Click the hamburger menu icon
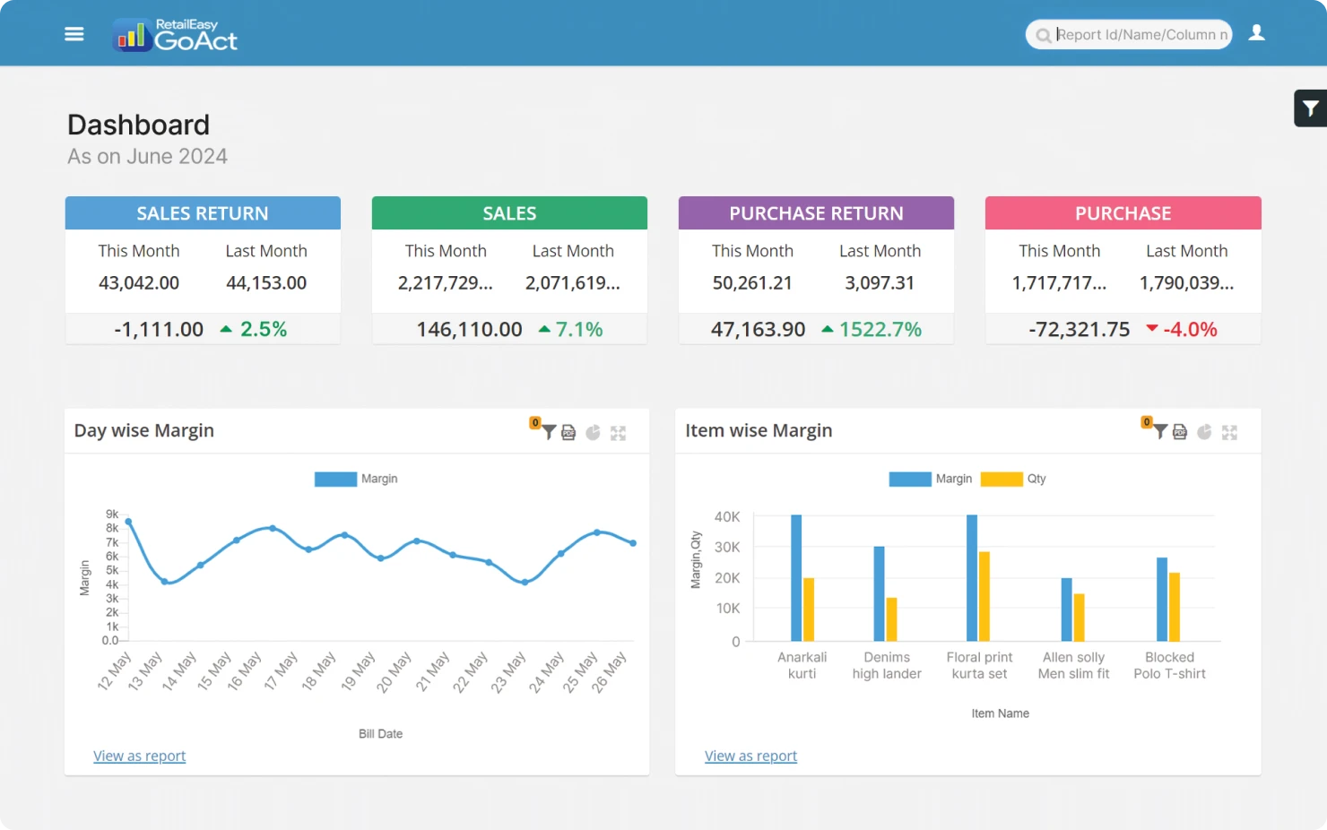pos(74,34)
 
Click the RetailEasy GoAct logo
pos(176,35)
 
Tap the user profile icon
pos(1256,33)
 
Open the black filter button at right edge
pos(1310,108)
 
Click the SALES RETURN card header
pos(203,213)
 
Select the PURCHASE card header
pos(1123,213)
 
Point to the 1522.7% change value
pos(880,330)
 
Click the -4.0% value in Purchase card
pos(1190,330)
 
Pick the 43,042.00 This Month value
pos(139,283)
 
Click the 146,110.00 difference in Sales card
pos(469,330)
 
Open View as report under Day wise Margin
pos(140,757)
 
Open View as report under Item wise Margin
pos(750,757)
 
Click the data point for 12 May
pos(129,522)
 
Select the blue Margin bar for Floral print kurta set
pos(972,578)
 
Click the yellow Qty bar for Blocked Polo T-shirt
pos(1175,607)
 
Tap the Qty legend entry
pos(1014,479)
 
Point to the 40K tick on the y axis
pos(727,517)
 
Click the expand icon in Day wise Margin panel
pos(618,433)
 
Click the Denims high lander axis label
pos(887,665)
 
